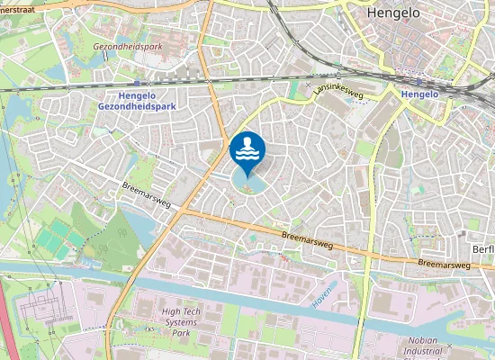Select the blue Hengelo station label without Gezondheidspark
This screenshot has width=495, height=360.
(419, 94)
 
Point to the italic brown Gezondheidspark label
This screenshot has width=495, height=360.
(129, 44)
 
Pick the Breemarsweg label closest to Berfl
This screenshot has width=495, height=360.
(445, 265)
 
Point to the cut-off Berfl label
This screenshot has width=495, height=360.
(482, 248)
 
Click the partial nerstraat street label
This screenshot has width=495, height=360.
(25, 4)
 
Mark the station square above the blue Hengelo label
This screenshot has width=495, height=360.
(420, 81)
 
